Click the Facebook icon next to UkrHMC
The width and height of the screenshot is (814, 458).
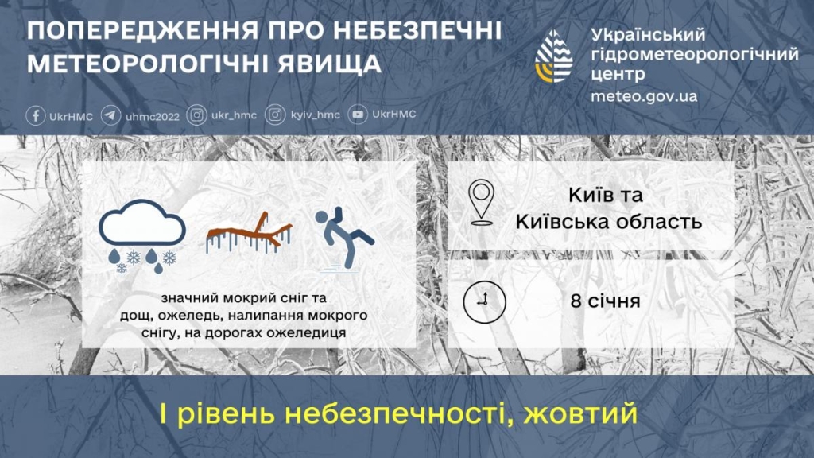point(36,116)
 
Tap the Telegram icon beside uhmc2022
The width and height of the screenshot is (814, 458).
point(111,116)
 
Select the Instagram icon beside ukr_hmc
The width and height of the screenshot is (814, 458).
point(196,116)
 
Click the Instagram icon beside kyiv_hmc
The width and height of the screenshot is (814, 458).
point(275,116)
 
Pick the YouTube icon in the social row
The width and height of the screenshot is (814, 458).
point(359,116)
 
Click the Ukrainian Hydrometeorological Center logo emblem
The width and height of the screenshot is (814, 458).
point(554,57)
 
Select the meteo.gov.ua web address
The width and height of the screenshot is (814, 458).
point(644,96)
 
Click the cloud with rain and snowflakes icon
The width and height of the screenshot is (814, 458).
point(142,235)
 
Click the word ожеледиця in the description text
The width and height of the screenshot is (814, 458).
point(310,332)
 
